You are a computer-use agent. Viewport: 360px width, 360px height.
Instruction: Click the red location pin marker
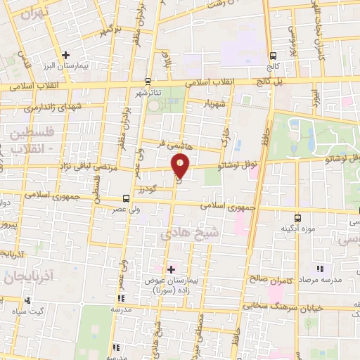coord(181,166)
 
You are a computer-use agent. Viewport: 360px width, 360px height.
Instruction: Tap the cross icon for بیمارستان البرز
coord(65,55)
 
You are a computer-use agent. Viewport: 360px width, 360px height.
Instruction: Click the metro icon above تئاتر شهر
coord(147,80)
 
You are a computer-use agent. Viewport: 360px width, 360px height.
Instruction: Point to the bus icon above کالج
coord(273,56)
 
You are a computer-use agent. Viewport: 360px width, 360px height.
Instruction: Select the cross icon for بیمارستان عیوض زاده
coord(170,269)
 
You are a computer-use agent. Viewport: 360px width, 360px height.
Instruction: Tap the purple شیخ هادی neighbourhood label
coord(190,234)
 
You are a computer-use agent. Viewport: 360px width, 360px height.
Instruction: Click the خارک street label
coord(226,138)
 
